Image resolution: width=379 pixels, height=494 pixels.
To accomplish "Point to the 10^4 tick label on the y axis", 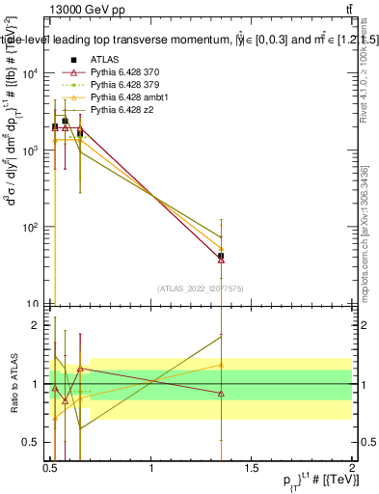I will (31, 74).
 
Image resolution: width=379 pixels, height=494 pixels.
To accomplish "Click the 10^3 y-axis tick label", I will (31, 151).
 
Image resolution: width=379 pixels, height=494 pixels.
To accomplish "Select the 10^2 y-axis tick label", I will (31, 228).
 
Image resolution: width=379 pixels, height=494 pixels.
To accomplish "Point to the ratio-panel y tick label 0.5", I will (35, 442).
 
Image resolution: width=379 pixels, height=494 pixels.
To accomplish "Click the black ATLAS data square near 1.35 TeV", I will (222, 257).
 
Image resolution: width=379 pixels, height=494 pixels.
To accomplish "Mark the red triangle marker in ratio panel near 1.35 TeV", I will (222, 393).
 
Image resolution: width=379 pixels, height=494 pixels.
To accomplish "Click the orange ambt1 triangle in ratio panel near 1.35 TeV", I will (222, 365).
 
